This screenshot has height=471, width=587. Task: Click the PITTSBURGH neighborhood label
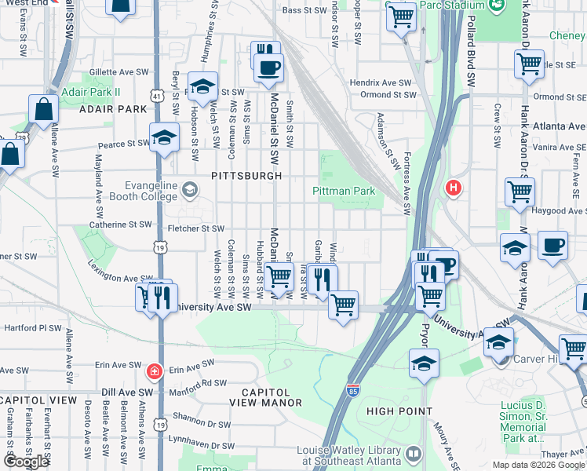[x=246, y=176]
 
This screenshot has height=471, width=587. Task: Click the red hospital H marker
[x=453, y=188]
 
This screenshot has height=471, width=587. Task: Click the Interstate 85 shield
[x=354, y=390]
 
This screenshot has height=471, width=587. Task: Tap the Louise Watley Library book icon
[x=414, y=454]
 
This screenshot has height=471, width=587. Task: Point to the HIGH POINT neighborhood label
[x=399, y=411]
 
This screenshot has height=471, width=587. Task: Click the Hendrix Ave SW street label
[x=381, y=82]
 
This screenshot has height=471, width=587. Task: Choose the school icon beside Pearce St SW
[x=163, y=136]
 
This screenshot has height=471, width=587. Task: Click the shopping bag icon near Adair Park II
[x=43, y=108]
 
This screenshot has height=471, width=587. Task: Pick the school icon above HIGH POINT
[x=424, y=363]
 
